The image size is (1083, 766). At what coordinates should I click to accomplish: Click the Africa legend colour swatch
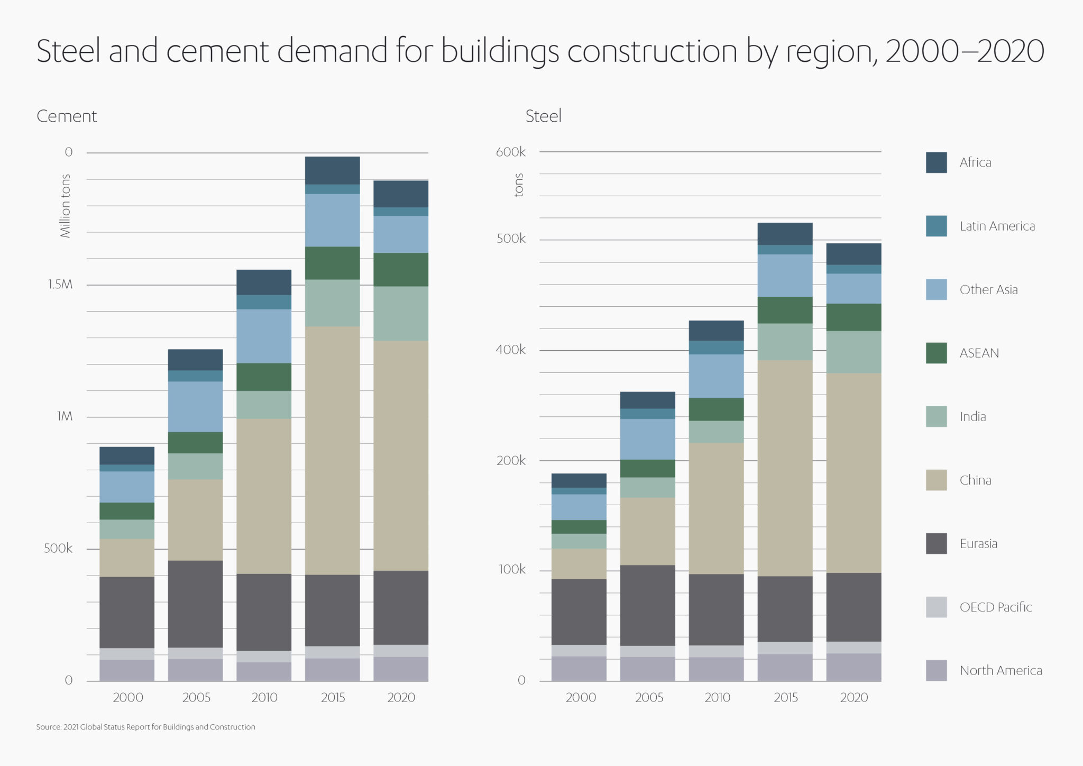936,162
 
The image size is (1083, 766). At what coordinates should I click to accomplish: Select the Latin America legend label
997,226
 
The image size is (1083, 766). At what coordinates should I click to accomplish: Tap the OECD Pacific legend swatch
936,607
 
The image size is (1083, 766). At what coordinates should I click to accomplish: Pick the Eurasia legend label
978,544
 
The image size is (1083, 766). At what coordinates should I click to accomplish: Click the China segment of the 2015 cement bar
332,450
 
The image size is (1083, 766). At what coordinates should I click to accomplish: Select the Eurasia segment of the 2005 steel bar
647,605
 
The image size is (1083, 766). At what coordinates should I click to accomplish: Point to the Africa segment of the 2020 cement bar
401,194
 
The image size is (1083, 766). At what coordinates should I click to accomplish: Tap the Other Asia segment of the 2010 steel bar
716,376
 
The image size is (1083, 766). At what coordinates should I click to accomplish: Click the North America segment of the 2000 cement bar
127,670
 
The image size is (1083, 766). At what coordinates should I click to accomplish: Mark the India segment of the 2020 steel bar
853,352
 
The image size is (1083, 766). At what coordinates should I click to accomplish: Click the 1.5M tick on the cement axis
60,285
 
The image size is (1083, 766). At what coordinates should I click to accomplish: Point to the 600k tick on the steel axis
510,152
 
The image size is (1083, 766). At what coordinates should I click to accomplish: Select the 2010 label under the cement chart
264,697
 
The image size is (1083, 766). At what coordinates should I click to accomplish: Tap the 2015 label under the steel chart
785,697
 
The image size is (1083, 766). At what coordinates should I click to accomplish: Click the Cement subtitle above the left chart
67,116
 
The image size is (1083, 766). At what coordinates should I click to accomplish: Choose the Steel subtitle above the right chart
543,116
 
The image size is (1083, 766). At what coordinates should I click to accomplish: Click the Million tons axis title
65,206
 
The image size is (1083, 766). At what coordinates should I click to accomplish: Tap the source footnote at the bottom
145,727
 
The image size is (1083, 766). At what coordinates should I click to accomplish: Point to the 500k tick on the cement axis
58,549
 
